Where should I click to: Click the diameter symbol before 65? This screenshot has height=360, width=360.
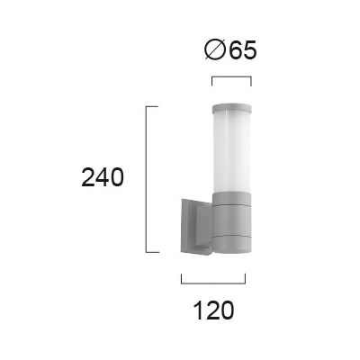tap(215, 49)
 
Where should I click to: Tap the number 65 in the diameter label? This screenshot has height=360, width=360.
tap(243, 49)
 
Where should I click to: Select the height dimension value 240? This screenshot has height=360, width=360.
tap(103, 177)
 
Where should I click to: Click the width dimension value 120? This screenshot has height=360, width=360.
tap(214, 310)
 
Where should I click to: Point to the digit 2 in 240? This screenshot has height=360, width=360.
tap(88, 177)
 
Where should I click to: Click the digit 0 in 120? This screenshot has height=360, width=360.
tap(227, 310)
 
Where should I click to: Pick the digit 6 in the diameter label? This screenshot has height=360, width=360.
tap(237, 49)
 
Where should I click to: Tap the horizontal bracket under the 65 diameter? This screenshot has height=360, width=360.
tap(231, 77)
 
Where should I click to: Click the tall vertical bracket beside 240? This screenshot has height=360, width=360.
tap(146, 179)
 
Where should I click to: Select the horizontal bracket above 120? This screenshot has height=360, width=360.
tap(213, 283)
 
